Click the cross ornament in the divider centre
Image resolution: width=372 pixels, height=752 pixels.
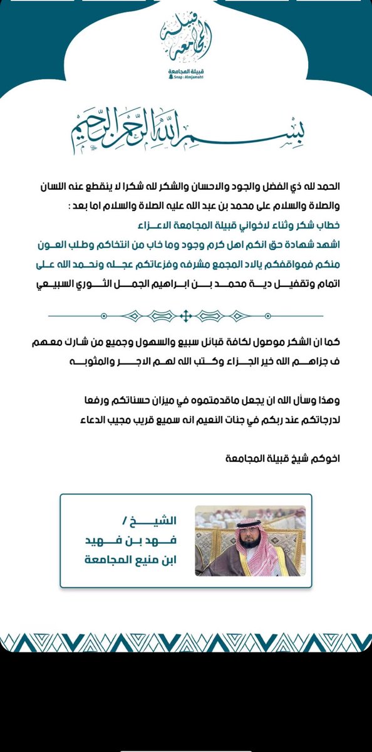coord(186,316)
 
